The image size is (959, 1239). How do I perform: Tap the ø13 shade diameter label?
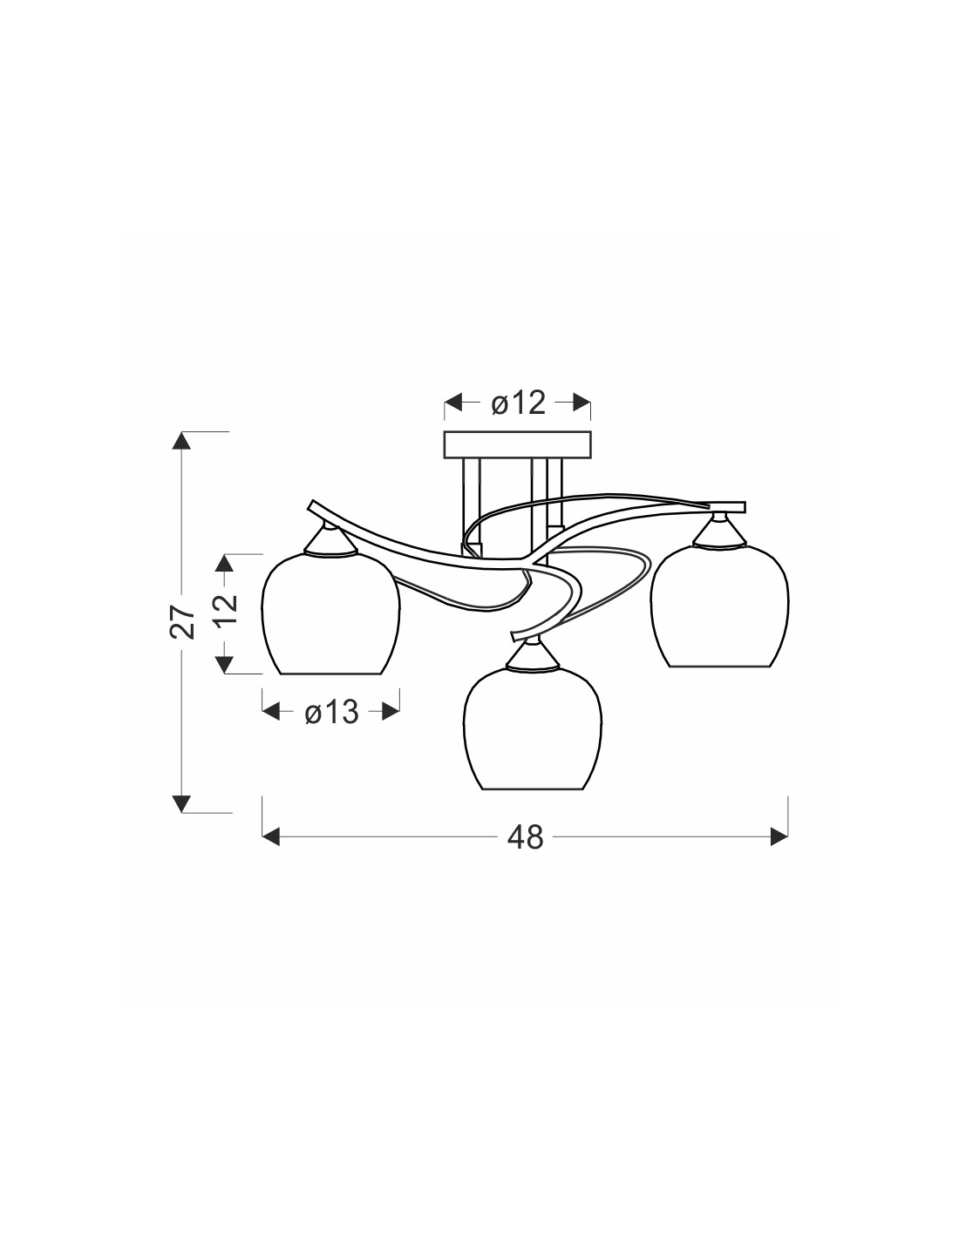point(331,712)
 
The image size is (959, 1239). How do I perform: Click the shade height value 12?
point(226,611)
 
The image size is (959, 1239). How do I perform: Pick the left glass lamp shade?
point(330,612)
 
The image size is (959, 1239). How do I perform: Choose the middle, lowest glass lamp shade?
point(533,728)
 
